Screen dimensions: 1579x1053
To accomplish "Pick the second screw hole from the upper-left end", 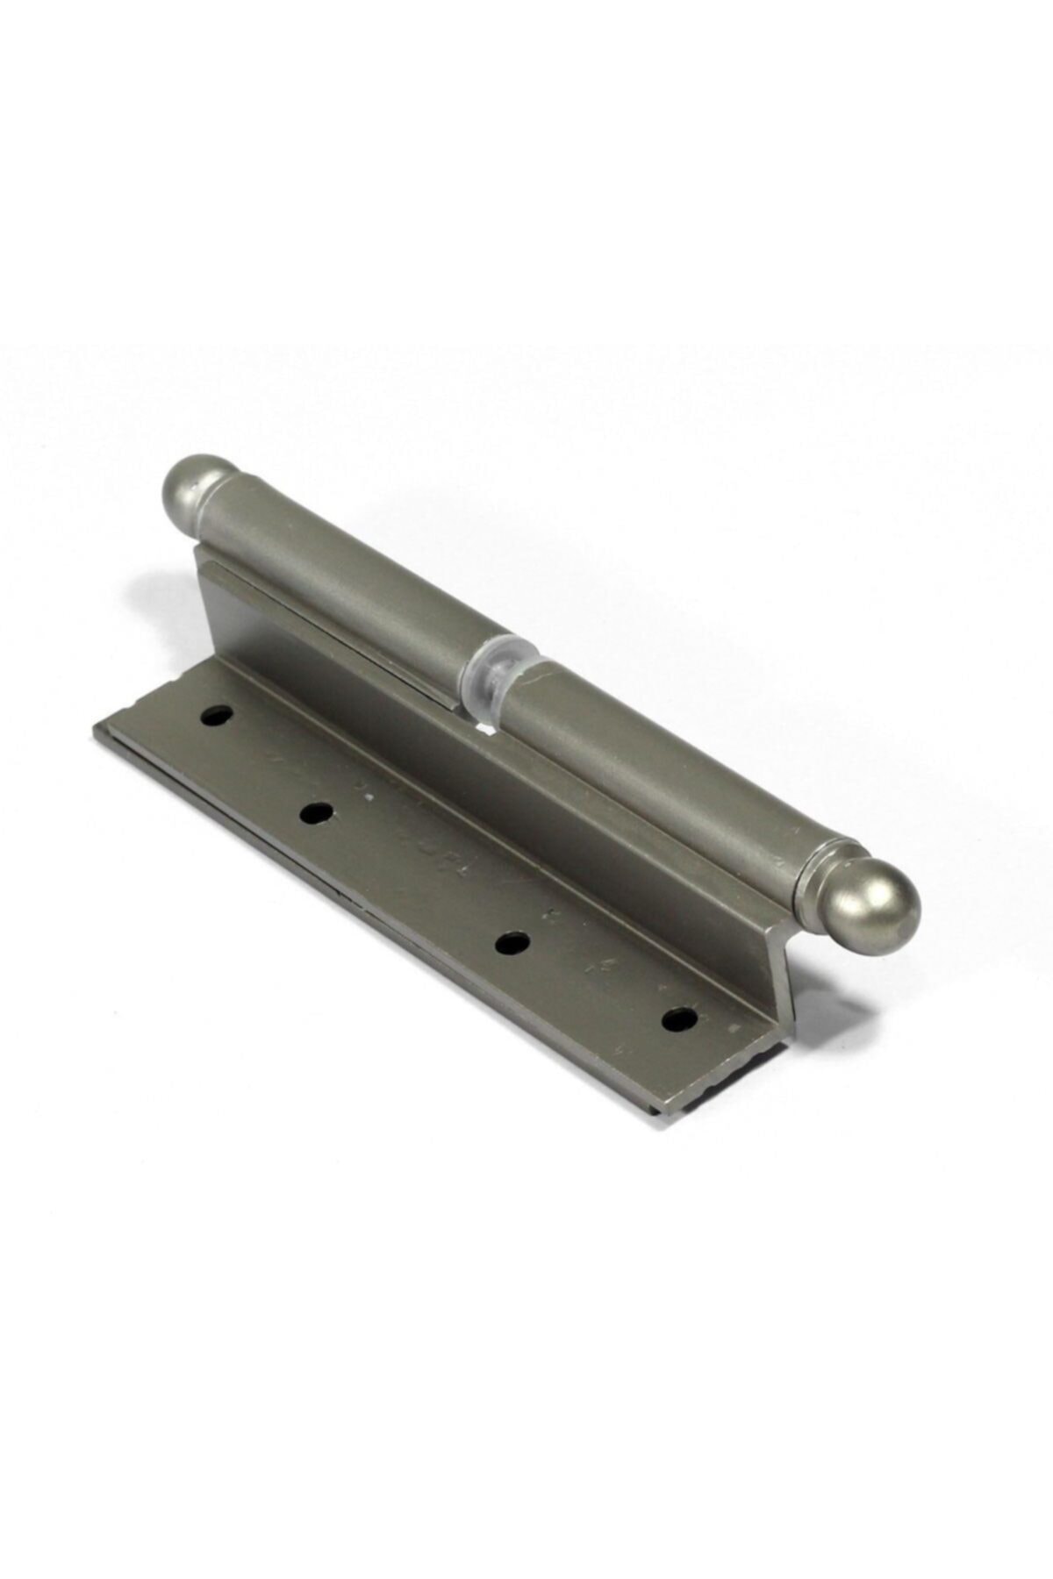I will [x=316, y=814].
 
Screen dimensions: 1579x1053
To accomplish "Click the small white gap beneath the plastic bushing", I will [x=482, y=727].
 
